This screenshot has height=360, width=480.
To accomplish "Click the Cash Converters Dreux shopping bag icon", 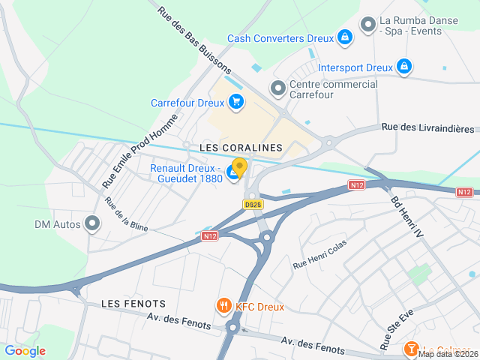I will (343, 37).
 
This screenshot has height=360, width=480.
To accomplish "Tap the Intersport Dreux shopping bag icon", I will (404, 67).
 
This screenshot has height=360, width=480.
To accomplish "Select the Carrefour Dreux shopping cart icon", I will (236, 102).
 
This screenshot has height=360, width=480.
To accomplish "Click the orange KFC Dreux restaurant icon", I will (223, 306).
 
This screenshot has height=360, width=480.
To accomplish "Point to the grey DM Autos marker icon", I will (92, 223).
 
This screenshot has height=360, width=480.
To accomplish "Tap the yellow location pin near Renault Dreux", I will (239, 166).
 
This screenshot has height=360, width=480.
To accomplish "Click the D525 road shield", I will (253, 204).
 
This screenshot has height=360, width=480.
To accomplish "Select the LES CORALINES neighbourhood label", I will (241, 148).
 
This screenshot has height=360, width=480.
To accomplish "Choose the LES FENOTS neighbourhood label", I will (133, 303).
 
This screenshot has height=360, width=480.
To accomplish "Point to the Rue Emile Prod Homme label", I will (140, 151).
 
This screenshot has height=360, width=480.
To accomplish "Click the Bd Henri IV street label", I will (407, 217).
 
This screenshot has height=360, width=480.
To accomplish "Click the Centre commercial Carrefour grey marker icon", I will (278, 88).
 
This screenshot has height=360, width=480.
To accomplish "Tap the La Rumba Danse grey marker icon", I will (367, 25).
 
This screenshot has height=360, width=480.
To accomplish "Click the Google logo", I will (25, 351).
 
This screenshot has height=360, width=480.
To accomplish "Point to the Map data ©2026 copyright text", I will (448, 355).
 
